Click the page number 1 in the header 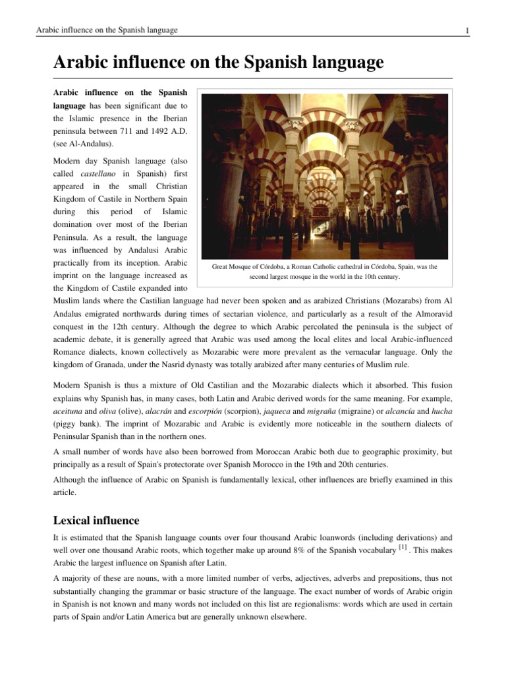(466, 30)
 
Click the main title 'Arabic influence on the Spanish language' (218, 63)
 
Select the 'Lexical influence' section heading (96, 521)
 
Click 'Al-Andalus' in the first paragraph (92, 143)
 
